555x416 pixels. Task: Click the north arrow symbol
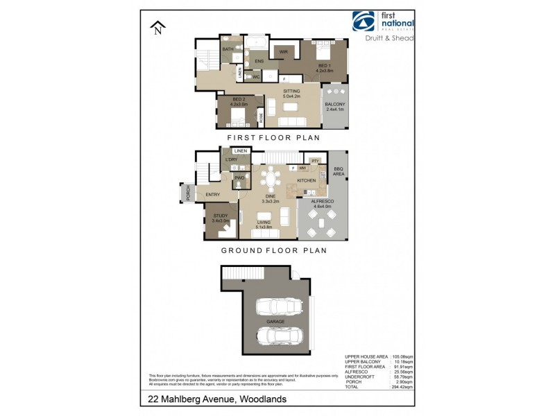(x=158, y=28)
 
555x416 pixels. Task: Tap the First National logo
(x=382, y=21)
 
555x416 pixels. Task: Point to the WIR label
(x=284, y=52)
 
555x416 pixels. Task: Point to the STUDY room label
(x=221, y=216)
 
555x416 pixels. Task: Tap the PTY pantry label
(x=314, y=161)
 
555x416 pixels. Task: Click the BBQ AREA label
(x=338, y=171)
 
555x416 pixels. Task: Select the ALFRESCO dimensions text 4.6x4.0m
(x=323, y=205)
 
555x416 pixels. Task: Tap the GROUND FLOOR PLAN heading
(x=273, y=250)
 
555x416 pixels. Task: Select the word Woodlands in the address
(x=263, y=399)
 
